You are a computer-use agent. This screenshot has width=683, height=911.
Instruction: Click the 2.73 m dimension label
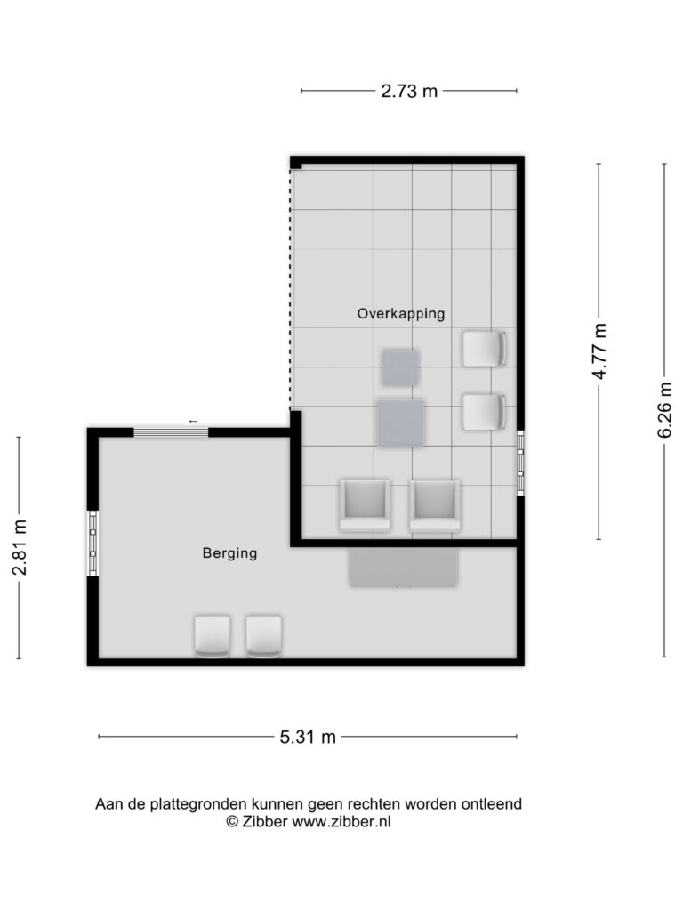(409, 92)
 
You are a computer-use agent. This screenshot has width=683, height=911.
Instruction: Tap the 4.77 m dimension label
(599, 351)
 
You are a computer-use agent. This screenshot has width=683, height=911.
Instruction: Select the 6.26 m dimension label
(665, 409)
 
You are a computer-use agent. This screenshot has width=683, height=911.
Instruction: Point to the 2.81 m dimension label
(20, 547)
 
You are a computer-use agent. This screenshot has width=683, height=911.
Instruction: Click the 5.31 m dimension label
(308, 737)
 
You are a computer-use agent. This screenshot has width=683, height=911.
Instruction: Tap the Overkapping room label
(401, 314)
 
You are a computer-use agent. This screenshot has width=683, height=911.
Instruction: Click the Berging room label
(229, 553)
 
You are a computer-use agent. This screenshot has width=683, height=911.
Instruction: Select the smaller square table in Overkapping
(400, 367)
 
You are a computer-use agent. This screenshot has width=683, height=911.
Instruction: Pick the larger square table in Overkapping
(400, 423)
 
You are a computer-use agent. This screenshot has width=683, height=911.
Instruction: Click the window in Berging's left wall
(92, 544)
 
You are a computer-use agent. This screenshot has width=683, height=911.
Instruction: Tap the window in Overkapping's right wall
(520, 463)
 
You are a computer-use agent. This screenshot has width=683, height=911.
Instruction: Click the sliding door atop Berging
(171, 432)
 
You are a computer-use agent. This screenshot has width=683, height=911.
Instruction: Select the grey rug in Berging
(404, 568)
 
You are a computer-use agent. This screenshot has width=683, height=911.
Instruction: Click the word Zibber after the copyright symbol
(265, 821)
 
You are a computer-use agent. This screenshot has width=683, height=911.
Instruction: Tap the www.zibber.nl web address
(341, 821)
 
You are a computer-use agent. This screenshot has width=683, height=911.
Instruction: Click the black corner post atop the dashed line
(296, 164)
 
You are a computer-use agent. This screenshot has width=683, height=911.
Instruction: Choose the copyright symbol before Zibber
(232, 821)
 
